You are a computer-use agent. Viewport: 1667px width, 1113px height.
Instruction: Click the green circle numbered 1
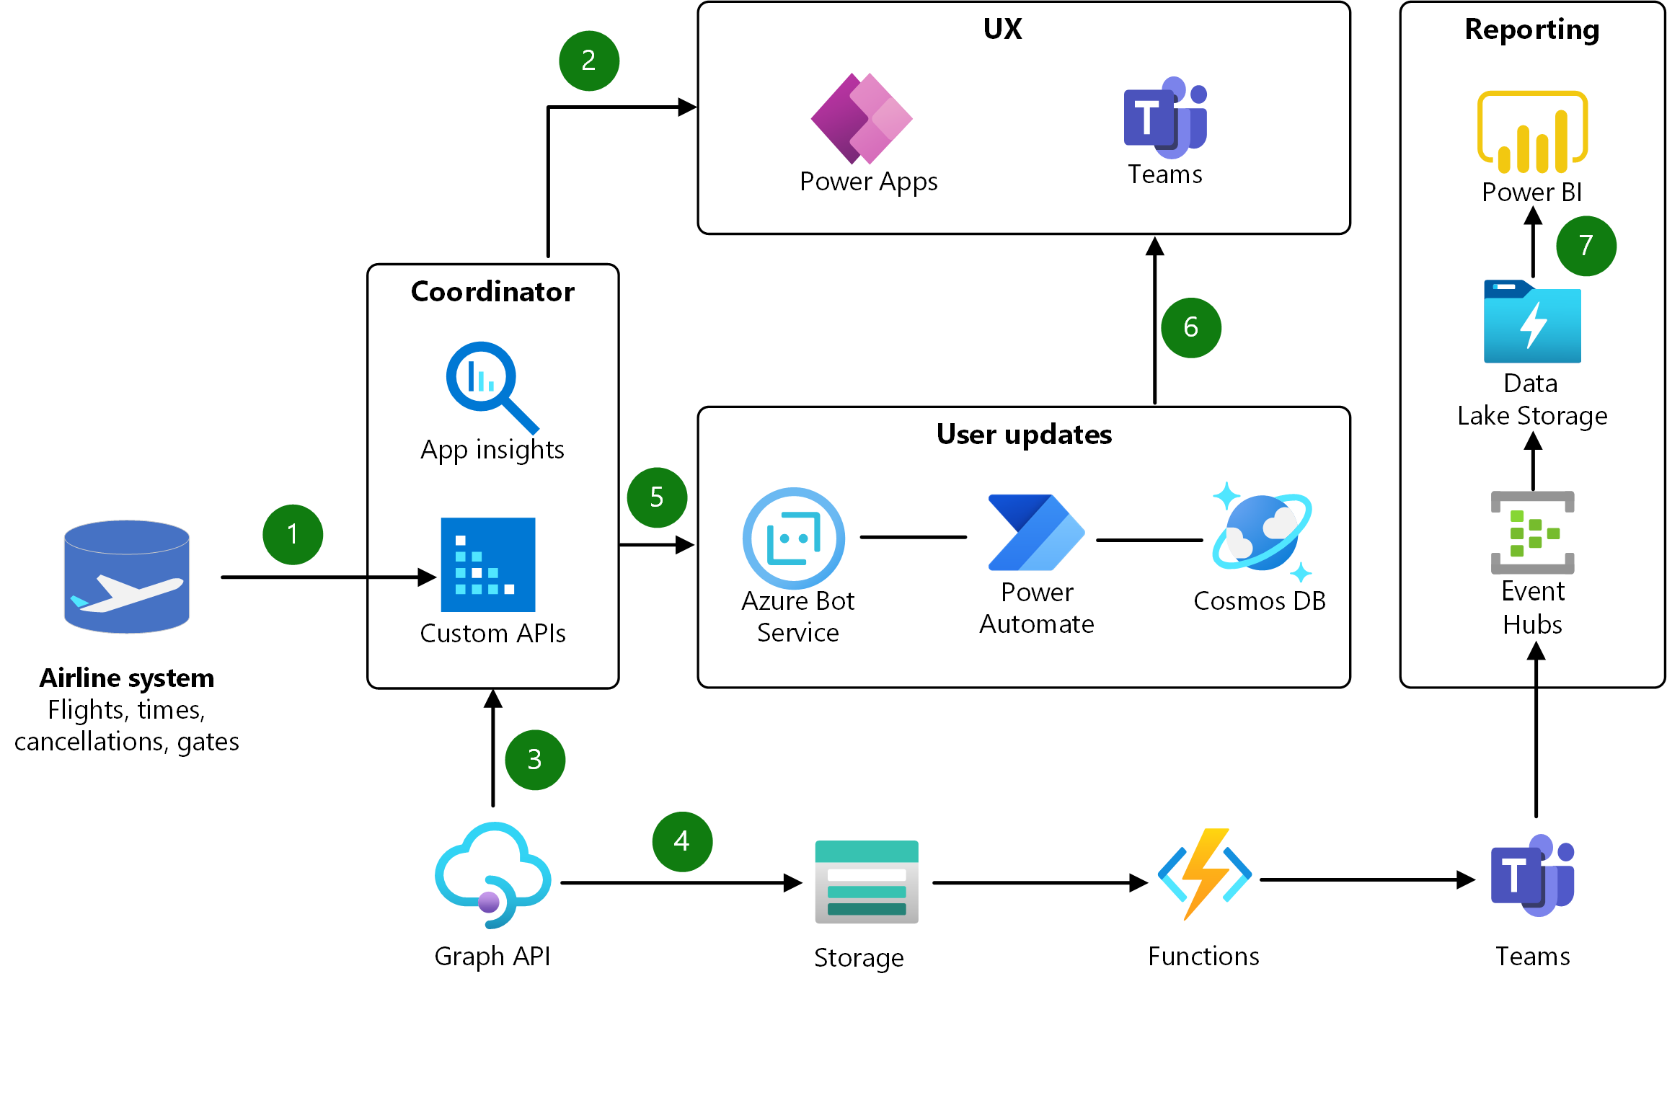pos(293,534)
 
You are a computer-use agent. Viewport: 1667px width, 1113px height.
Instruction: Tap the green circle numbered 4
pos(682,841)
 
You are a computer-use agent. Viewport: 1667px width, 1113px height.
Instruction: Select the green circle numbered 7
pos(1586,246)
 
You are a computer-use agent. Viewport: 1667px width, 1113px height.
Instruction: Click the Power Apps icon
pos(862,118)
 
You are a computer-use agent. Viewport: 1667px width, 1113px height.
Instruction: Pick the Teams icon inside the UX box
pos(1165,117)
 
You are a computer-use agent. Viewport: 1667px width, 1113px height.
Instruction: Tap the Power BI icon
pos(1532,133)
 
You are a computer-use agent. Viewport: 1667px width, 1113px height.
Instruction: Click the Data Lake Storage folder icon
pos(1532,322)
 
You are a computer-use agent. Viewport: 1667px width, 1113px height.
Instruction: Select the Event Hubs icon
pos(1532,533)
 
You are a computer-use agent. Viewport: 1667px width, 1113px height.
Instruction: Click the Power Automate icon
pos(1036,533)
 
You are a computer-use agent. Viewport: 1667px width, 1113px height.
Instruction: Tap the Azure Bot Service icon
pos(794,538)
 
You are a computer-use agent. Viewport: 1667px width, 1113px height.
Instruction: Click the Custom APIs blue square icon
pos(488,564)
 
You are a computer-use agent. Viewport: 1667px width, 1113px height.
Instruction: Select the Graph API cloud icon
pos(493,875)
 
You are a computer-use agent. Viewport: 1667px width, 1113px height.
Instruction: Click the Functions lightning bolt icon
pos(1204,874)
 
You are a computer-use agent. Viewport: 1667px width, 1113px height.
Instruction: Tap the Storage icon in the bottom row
pos(867,882)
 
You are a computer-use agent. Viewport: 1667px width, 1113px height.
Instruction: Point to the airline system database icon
pos(127,577)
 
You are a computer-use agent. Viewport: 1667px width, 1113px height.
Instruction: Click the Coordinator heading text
pos(492,292)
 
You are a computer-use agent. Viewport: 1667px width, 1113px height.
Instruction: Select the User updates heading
pos(1024,435)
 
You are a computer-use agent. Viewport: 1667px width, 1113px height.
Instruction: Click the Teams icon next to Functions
pos(1532,875)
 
